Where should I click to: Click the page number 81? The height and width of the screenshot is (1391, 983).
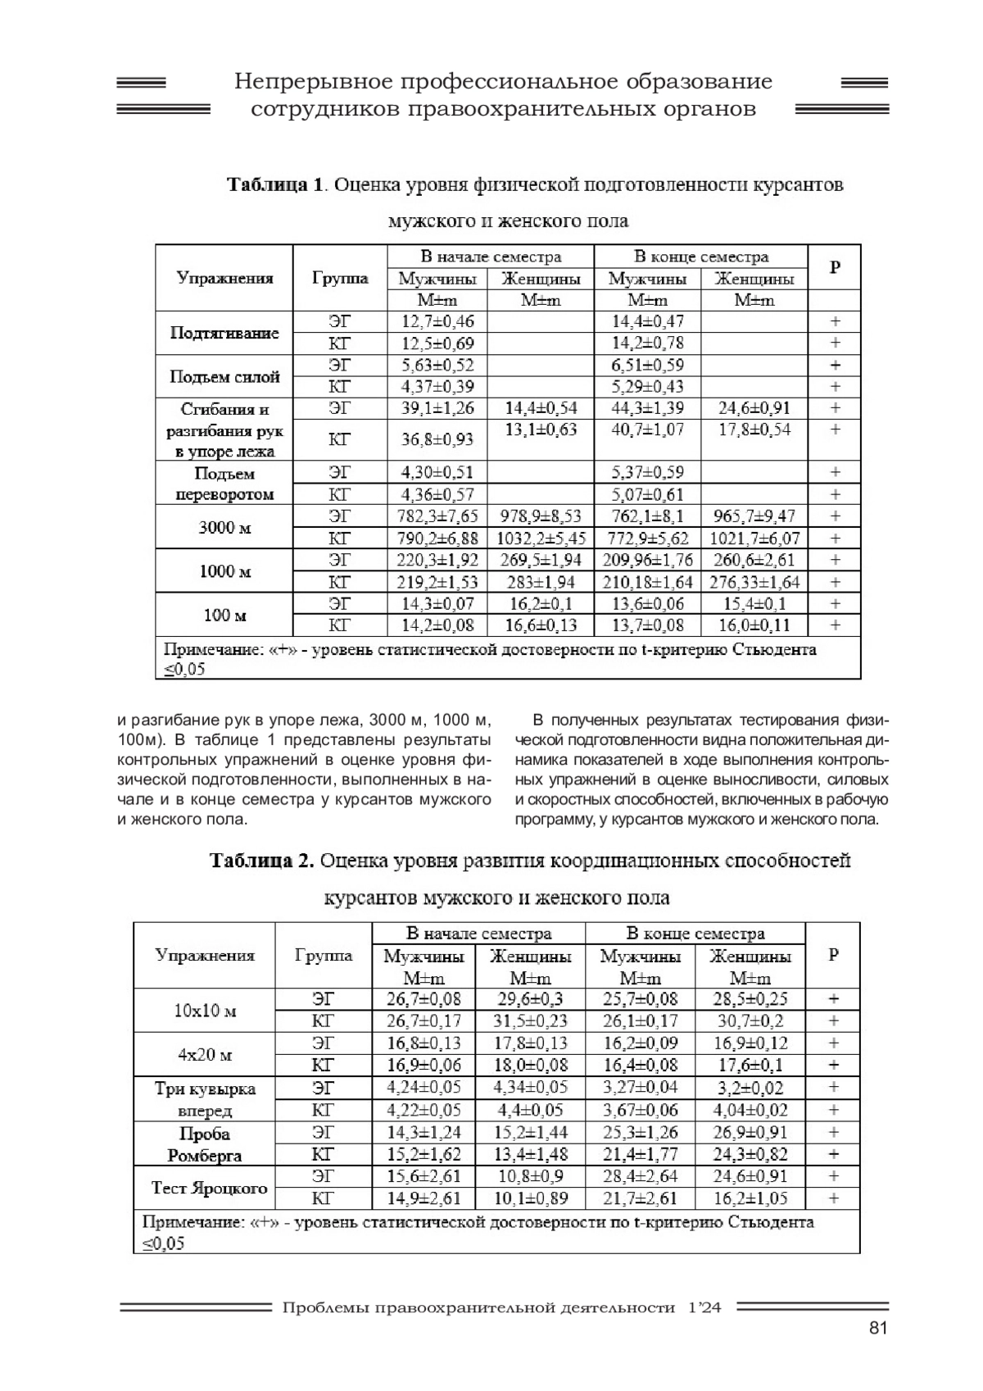[x=877, y=1329]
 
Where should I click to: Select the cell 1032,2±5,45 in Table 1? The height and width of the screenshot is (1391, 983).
[x=541, y=539]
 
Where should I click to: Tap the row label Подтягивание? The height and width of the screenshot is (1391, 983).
[x=224, y=333]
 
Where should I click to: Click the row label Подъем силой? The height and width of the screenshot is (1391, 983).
[x=224, y=377]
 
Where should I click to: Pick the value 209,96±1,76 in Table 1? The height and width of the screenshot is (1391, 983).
[x=647, y=560]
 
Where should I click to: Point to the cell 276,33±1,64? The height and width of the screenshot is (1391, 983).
[x=754, y=582]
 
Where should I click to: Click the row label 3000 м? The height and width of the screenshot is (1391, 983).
[x=224, y=527]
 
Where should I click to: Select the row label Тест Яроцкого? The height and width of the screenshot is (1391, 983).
[x=210, y=1188]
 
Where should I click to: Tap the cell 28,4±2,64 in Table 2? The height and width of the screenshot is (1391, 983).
[x=640, y=1176]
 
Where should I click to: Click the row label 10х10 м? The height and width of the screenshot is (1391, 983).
[x=205, y=1011]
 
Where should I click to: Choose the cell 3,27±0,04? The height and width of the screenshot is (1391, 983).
[x=640, y=1088]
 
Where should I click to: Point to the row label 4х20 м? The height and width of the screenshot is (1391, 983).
[x=205, y=1054]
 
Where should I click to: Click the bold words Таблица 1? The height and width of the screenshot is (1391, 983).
[x=274, y=184]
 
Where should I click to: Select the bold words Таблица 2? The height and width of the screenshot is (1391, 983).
[x=261, y=861]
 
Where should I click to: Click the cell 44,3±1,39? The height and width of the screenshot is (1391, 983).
[x=647, y=408]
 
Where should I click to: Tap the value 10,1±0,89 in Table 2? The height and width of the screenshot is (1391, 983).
[x=530, y=1198]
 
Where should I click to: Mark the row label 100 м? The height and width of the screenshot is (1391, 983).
[x=224, y=615]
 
